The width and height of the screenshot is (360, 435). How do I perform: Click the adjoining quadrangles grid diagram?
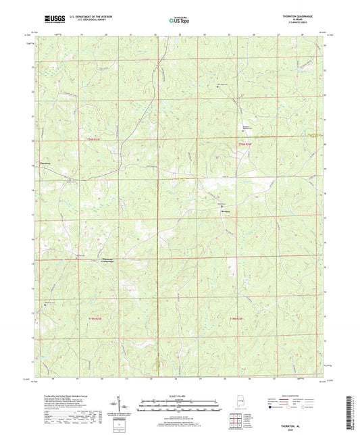[234, 419]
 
